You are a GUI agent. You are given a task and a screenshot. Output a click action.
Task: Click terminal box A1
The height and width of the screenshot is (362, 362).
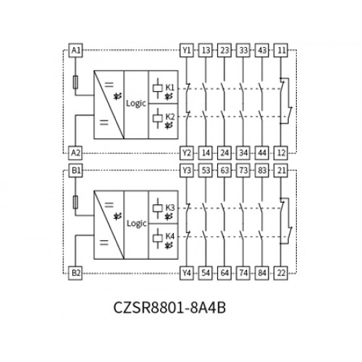[75, 51]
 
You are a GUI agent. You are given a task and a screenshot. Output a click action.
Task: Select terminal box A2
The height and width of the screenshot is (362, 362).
[75, 153]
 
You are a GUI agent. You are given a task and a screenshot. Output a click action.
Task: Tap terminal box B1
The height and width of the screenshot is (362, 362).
[75, 170]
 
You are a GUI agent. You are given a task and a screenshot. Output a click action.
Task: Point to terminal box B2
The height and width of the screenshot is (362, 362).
[75, 273]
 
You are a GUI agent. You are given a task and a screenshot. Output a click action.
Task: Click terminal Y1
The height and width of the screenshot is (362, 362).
[187, 51]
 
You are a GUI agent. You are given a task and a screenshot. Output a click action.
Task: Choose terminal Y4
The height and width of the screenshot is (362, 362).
[187, 273]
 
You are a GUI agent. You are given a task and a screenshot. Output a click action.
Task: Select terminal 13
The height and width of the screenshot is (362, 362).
[206, 51]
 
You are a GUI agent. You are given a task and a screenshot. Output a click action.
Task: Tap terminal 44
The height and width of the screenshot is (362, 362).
[262, 153]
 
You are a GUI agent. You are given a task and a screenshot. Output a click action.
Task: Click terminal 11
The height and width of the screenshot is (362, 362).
[281, 51]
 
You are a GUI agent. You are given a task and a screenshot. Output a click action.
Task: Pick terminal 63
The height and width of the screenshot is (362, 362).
[224, 170]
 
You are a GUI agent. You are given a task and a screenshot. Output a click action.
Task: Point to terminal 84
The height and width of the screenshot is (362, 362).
[262, 273]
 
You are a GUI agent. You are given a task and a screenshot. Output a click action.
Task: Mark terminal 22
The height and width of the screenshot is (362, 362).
[281, 273]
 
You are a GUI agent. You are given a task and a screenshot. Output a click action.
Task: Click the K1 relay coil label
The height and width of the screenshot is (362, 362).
[169, 88]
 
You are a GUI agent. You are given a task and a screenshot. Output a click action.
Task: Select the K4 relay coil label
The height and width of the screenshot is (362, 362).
[169, 236]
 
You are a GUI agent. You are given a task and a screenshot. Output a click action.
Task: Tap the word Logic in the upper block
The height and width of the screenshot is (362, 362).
[136, 104]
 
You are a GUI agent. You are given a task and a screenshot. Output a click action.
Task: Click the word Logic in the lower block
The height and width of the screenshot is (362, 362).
[137, 224]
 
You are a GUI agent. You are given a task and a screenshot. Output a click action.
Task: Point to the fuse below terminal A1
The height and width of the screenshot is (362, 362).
[75, 83]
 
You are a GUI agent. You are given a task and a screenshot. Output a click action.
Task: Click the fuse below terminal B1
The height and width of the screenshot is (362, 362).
[75, 202]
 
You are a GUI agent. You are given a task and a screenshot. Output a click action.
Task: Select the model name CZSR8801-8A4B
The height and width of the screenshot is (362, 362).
[169, 308]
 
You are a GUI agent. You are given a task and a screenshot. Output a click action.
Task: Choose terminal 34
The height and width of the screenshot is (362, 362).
[243, 153]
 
